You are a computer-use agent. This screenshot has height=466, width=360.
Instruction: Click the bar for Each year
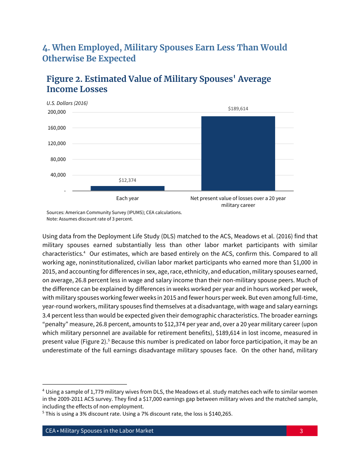point(127,188)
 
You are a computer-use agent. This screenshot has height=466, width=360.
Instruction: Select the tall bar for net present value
point(238,153)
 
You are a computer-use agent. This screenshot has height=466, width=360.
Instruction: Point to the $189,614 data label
point(238,109)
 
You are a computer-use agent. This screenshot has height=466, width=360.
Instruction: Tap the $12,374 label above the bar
point(127,180)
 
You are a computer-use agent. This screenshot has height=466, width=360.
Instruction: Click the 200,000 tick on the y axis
point(56,112)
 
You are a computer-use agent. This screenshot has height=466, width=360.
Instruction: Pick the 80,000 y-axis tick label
point(58,160)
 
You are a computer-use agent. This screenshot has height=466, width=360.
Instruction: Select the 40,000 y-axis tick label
point(58,175)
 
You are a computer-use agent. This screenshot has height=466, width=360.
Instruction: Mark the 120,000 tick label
point(56,144)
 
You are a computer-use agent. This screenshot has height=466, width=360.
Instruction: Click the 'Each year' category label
point(127,198)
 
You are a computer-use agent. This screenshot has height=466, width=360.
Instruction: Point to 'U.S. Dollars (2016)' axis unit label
point(67,103)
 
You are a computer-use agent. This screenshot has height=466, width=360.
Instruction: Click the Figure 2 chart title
point(158,84)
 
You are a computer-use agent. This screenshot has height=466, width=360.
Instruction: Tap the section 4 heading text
point(164,53)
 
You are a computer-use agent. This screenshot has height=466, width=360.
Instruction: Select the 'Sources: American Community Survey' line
point(114,213)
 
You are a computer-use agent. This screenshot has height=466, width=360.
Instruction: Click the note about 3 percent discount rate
point(89,219)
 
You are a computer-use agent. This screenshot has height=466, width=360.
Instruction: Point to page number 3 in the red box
point(301,431)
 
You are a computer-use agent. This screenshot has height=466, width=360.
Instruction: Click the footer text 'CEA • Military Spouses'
point(99,431)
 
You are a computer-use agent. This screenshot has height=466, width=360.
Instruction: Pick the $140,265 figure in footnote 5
point(220,414)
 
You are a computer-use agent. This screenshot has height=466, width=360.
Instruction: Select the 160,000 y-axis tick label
point(56,128)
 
